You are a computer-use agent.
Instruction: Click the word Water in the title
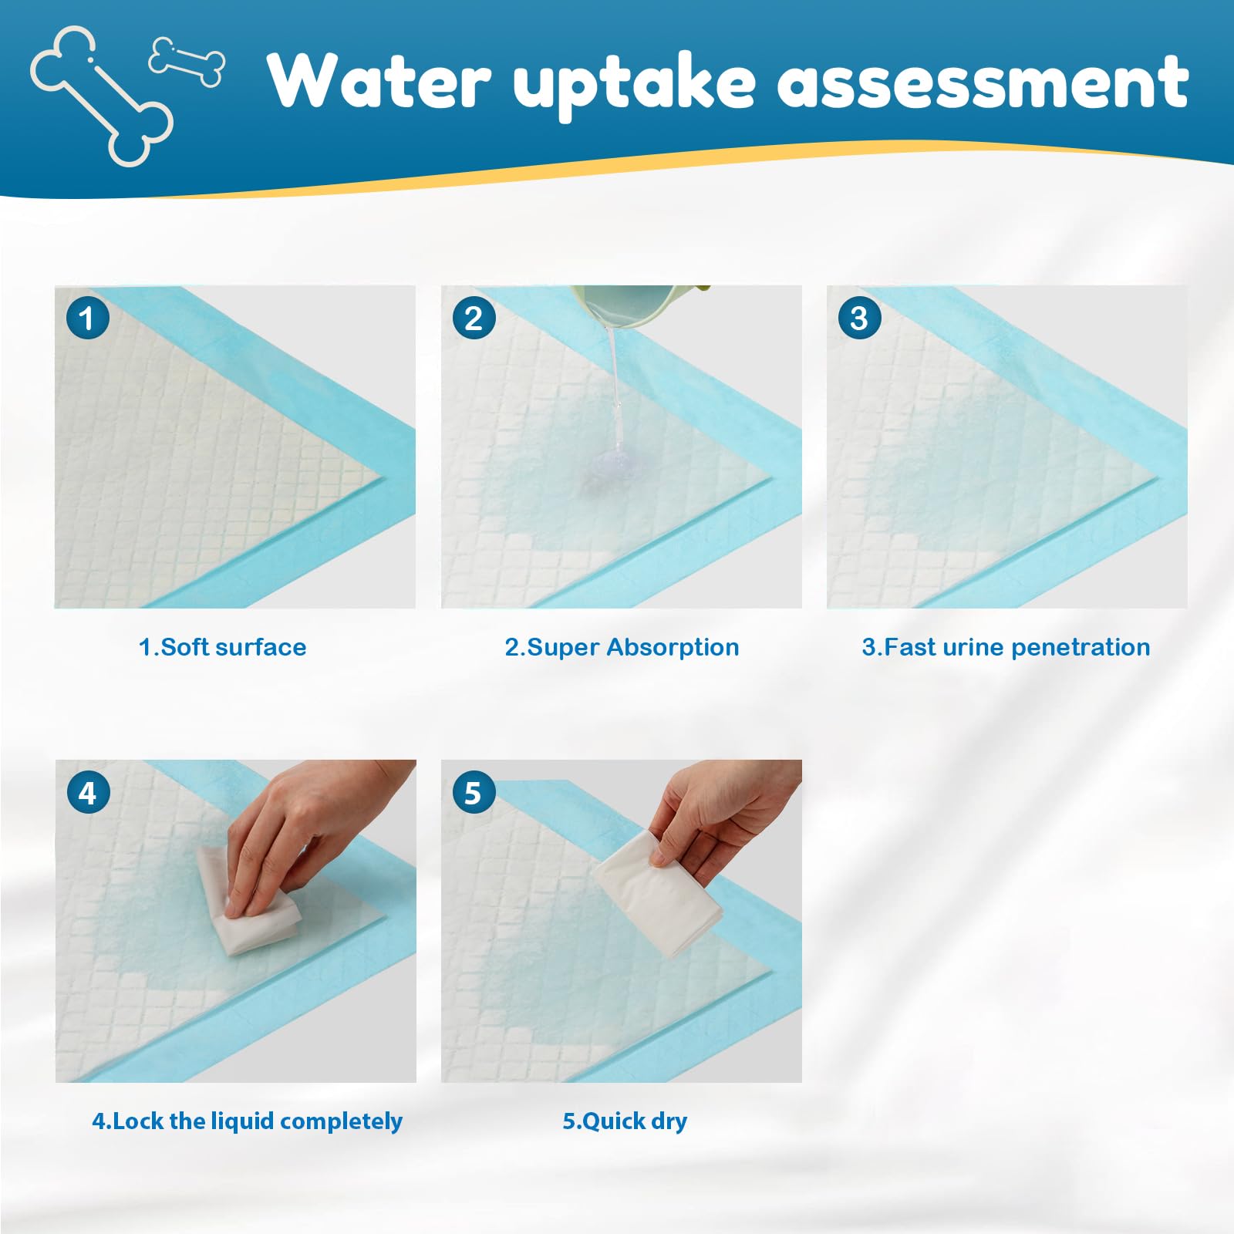[378, 81]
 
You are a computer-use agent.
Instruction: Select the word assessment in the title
[983, 81]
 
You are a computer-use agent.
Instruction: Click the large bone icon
[100, 96]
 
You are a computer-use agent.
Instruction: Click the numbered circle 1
[87, 318]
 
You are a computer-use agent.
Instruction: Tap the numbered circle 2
[474, 318]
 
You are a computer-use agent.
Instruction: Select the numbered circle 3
[859, 318]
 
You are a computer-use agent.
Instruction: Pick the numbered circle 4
[87, 792]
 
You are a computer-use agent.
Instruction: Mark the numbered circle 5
[473, 792]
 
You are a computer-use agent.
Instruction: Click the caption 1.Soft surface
[222, 646]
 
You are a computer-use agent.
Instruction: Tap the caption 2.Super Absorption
[622, 646]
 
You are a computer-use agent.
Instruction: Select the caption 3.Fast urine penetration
[1006, 646]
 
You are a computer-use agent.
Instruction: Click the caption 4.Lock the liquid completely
[247, 1121]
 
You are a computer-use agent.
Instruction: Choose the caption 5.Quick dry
[625, 1121]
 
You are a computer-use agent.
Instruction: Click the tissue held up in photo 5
[656, 895]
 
